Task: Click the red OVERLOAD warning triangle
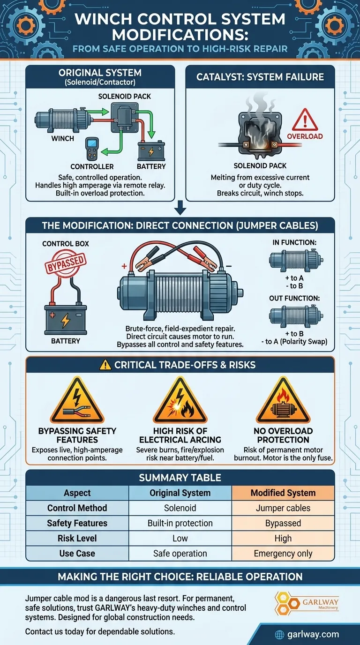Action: point(305,120)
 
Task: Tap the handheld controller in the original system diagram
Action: point(92,149)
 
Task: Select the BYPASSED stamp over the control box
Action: point(66,263)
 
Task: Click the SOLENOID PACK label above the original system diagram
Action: point(124,96)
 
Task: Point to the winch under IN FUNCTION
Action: point(296,261)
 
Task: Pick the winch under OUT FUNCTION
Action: point(296,316)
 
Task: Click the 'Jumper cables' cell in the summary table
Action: point(283,508)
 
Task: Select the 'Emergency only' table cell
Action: point(283,553)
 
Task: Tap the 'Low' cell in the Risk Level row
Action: point(180,538)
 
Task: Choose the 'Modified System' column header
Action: point(283,493)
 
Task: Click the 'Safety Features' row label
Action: point(77,523)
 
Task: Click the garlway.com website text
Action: point(313,634)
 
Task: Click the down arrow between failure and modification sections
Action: point(180,208)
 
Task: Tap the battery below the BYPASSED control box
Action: point(66,319)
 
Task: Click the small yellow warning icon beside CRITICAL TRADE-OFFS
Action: point(105,365)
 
